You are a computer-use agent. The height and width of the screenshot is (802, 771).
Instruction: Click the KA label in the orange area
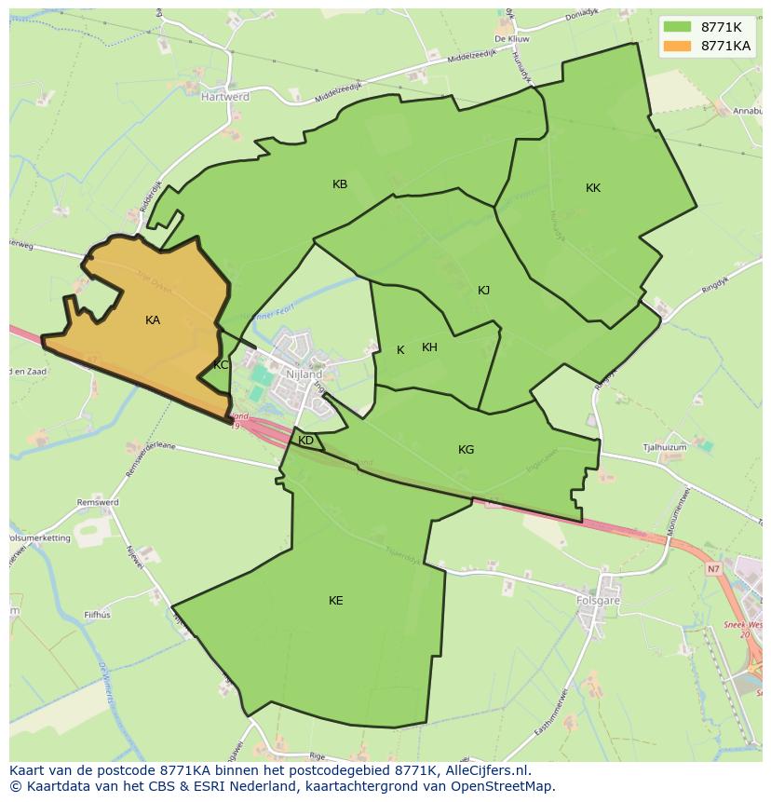click(x=153, y=320)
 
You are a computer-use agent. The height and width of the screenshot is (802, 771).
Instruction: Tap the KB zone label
click(x=340, y=184)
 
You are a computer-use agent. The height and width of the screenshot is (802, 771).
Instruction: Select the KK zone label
click(x=593, y=188)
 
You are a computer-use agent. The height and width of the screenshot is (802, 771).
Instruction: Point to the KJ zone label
click(x=483, y=291)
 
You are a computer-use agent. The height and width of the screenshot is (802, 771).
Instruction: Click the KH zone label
click(x=429, y=347)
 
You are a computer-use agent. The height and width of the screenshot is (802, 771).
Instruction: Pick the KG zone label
click(x=466, y=450)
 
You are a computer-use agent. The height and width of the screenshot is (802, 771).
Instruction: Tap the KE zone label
click(x=336, y=601)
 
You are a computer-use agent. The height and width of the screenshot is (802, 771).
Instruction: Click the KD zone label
click(x=305, y=441)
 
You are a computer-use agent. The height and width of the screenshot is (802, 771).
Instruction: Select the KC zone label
click(x=221, y=365)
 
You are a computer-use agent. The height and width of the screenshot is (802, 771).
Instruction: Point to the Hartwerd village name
click(x=225, y=96)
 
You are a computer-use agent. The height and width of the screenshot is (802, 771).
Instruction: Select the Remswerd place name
click(x=99, y=503)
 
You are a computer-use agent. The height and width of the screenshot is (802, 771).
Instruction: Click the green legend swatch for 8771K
click(x=677, y=27)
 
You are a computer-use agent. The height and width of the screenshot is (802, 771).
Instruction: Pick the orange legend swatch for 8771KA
click(x=677, y=46)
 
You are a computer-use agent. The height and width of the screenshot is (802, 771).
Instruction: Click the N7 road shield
click(x=713, y=569)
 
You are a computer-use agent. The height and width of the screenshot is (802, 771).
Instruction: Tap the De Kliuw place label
click(x=512, y=40)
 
